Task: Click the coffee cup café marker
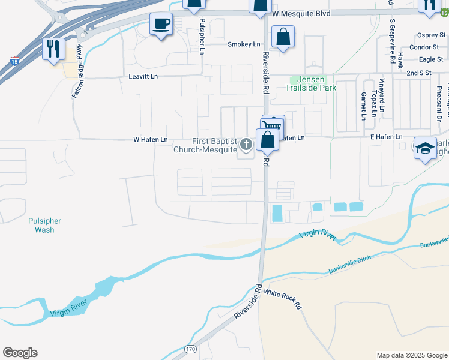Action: (160, 25)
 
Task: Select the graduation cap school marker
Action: (425, 148)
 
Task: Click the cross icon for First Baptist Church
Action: (246, 144)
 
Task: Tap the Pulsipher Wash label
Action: (44, 225)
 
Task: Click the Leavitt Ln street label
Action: (143, 77)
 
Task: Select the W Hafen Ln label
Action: (150, 139)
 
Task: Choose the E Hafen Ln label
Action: (386, 137)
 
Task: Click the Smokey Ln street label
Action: (244, 44)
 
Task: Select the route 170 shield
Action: (191, 349)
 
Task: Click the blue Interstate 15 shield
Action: (14, 61)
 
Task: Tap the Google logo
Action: (20, 353)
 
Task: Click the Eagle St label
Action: (431, 59)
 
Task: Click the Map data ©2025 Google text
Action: (412, 355)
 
